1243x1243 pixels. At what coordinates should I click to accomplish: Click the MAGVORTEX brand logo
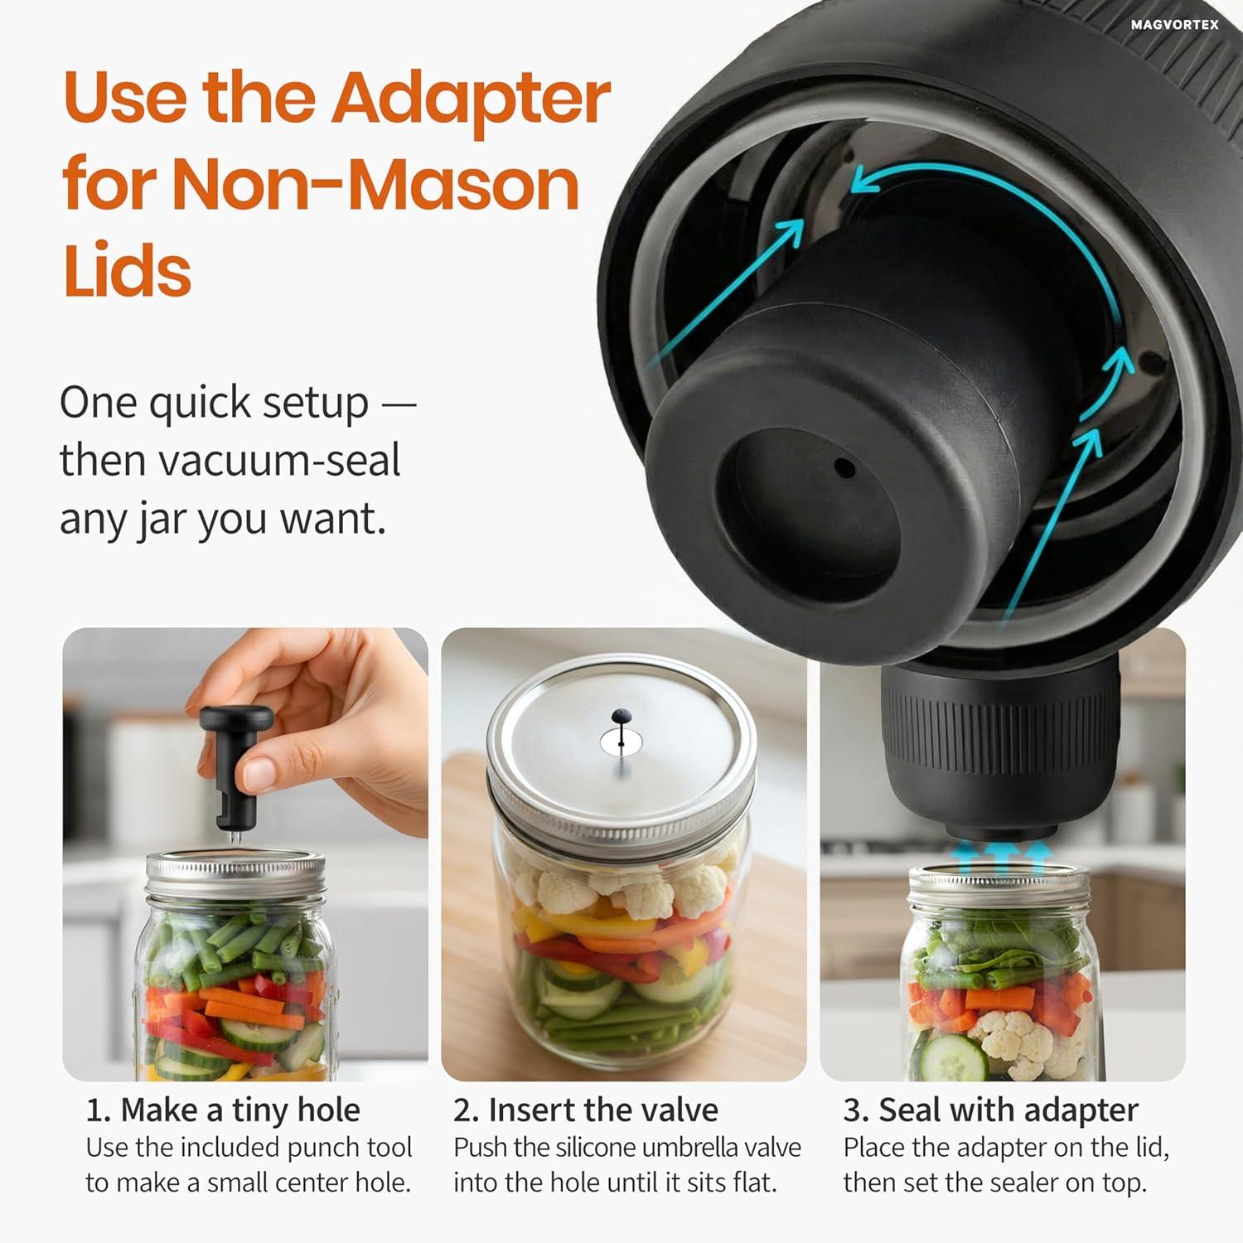(x=1174, y=25)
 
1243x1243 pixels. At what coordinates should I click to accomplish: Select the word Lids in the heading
(x=127, y=270)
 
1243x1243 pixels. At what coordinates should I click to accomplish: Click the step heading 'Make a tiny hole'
(x=241, y=1110)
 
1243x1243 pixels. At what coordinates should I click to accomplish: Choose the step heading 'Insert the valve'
(x=603, y=1110)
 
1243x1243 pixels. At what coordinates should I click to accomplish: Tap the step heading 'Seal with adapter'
(x=1008, y=1110)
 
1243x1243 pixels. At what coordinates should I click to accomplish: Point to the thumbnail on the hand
(x=259, y=773)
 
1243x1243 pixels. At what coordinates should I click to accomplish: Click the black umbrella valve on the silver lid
(x=621, y=716)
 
